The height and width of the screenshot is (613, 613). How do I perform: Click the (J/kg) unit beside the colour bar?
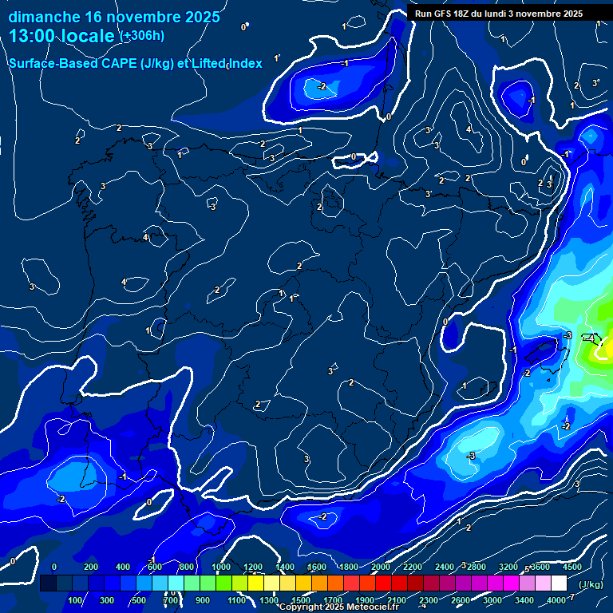[x=590, y=584]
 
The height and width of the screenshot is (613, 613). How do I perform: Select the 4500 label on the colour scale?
[x=572, y=567]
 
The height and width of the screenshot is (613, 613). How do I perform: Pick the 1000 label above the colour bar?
[x=222, y=567]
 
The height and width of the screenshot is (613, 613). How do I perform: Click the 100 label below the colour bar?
[x=76, y=600]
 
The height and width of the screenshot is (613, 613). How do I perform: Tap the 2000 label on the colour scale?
[x=381, y=567]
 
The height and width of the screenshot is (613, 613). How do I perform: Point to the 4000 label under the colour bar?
[x=557, y=600]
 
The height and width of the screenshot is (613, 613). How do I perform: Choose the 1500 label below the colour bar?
[x=301, y=600]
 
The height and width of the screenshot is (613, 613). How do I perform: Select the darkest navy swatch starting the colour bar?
[x=48, y=584]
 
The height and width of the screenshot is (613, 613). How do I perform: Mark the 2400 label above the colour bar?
[x=445, y=567]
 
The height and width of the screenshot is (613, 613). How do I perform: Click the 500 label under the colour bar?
[x=139, y=600]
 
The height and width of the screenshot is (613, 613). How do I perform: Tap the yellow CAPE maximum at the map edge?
[x=604, y=348]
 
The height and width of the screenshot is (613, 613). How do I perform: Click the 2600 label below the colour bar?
[x=461, y=600]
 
